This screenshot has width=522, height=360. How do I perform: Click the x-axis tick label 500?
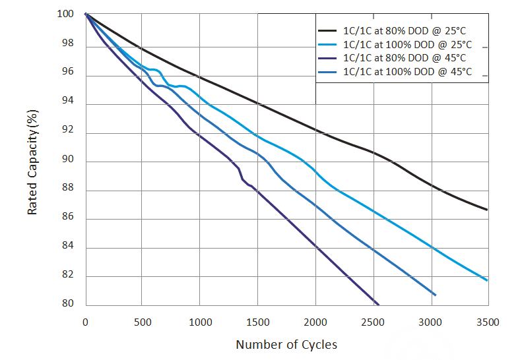pyautogui.click(x=143, y=322)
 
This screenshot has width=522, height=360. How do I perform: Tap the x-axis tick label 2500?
pyautogui.click(x=374, y=322)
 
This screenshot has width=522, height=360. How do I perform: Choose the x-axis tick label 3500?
pyautogui.click(x=488, y=322)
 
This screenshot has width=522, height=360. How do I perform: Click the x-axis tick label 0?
pyautogui.click(x=86, y=322)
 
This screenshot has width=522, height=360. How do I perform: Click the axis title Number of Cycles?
pyautogui.click(x=286, y=344)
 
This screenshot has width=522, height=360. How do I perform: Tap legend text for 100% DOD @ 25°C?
pyautogui.click(x=407, y=45)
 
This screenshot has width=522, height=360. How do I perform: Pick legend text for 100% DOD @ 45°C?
pyautogui.click(x=407, y=72)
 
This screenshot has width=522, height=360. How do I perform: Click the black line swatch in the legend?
pyautogui.click(x=328, y=31)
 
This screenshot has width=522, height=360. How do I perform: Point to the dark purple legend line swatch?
pyautogui.click(x=328, y=58)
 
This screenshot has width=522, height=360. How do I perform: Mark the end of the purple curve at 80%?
pyautogui.click(x=378, y=304)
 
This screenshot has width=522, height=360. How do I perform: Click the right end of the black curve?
pyautogui.click(x=487, y=210)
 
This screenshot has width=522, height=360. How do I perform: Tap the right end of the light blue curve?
pyautogui.click(x=487, y=280)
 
